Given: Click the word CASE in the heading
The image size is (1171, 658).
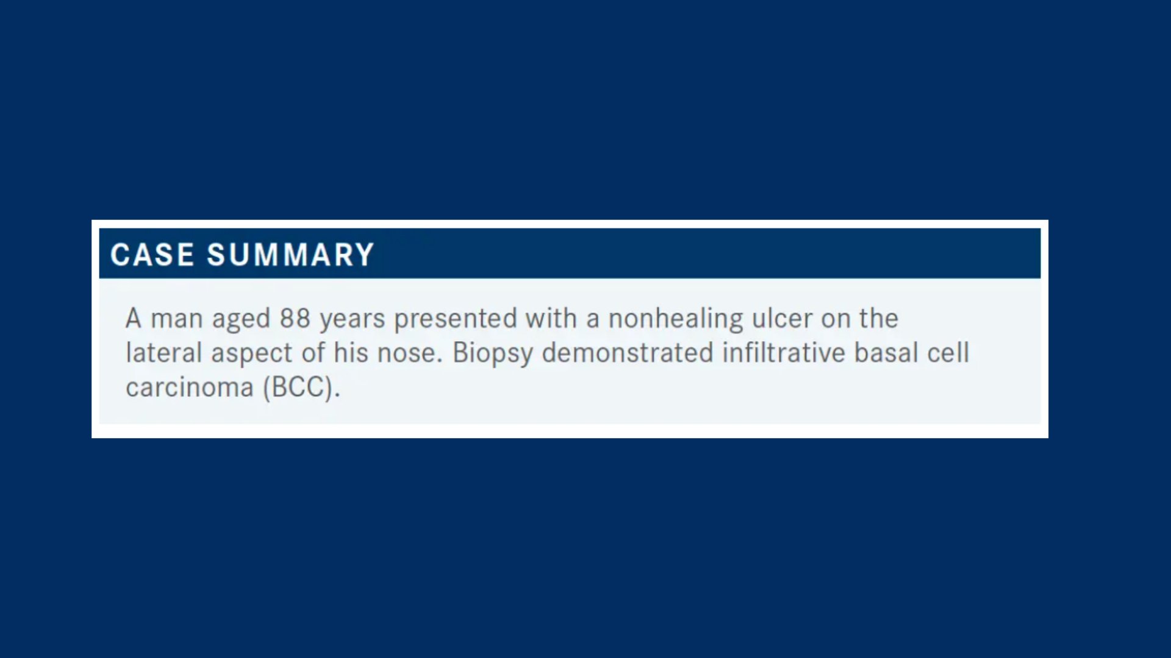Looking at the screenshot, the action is (x=152, y=255).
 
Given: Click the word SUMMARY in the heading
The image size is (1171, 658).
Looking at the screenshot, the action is (x=290, y=255).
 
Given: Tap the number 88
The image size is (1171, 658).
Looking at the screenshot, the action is (x=295, y=319).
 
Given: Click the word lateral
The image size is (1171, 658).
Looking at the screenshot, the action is (x=163, y=353).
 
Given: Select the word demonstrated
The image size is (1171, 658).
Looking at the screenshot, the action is (x=628, y=353).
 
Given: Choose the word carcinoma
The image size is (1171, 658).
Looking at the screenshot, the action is (x=190, y=388).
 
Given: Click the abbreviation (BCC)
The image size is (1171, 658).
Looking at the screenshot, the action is (x=301, y=388).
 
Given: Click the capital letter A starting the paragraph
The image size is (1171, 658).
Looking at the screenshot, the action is (x=134, y=319).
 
